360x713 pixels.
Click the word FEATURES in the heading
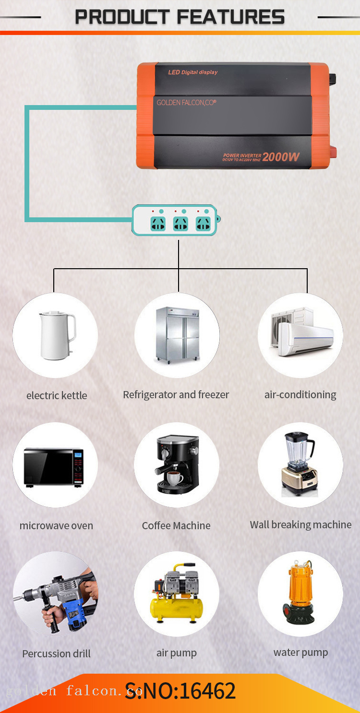[x=230, y=17]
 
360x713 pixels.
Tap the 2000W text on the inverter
[x=281, y=157]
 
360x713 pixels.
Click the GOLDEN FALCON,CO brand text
[x=186, y=102]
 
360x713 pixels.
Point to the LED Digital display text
[x=192, y=72]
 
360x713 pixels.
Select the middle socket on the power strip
[x=180, y=224]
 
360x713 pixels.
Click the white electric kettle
[x=56, y=335]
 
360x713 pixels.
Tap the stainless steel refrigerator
[x=177, y=334]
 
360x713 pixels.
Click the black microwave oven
[x=54, y=467]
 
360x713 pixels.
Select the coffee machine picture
[x=176, y=464]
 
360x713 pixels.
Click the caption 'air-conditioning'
[x=300, y=395]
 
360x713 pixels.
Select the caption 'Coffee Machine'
[x=176, y=525]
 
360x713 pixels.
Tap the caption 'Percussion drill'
[x=56, y=654]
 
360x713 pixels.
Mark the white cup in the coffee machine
[x=173, y=477]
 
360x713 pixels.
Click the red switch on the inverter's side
[x=332, y=153]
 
